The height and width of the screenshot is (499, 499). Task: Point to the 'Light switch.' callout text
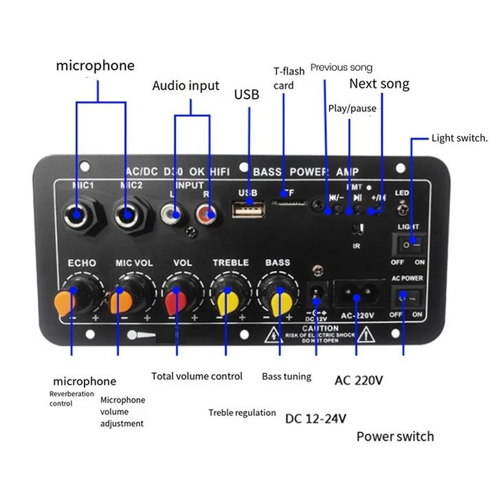tap(459, 138)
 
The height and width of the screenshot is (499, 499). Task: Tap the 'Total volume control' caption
tap(197, 376)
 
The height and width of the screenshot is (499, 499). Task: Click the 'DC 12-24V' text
tap(315, 417)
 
